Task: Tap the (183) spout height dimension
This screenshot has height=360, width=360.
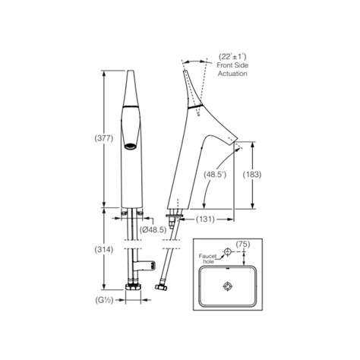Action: coord(252,174)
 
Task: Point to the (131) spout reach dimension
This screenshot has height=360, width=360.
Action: coord(205,219)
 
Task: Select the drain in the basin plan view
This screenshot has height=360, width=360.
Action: coord(227,286)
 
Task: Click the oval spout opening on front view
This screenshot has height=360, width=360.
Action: coord(131,145)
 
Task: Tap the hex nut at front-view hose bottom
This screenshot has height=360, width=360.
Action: coord(132,289)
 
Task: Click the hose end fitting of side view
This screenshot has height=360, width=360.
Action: coord(163,290)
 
